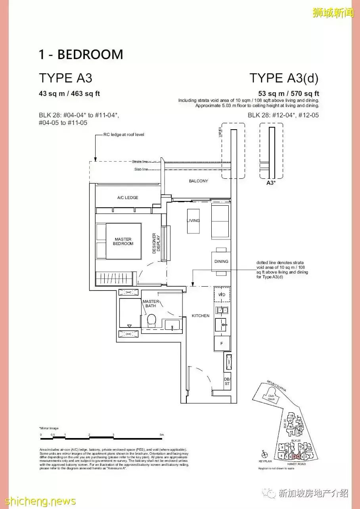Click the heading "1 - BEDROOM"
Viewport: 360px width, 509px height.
point(81,54)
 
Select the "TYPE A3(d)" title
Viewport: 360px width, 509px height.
point(283,78)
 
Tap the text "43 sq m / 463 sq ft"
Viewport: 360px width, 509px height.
point(69,94)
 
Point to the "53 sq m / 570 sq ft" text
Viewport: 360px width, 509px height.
point(289,94)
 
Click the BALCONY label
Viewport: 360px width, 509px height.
point(198,181)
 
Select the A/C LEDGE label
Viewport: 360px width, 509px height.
point(128,197)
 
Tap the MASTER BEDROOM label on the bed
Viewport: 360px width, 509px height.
point(123,241)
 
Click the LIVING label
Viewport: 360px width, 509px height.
point(193,220)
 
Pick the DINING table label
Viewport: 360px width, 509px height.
point(221,261)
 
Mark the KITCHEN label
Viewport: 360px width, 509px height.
point(201,316)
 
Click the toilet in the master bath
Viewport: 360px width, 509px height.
point(151,320)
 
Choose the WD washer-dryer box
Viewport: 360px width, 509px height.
point(222,295)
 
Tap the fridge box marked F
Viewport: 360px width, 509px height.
point(222,343)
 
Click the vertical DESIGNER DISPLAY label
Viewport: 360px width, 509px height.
point(156,243)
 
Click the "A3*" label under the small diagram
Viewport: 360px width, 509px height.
point(271,183)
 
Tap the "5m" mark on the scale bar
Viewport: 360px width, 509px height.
point(161,435)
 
